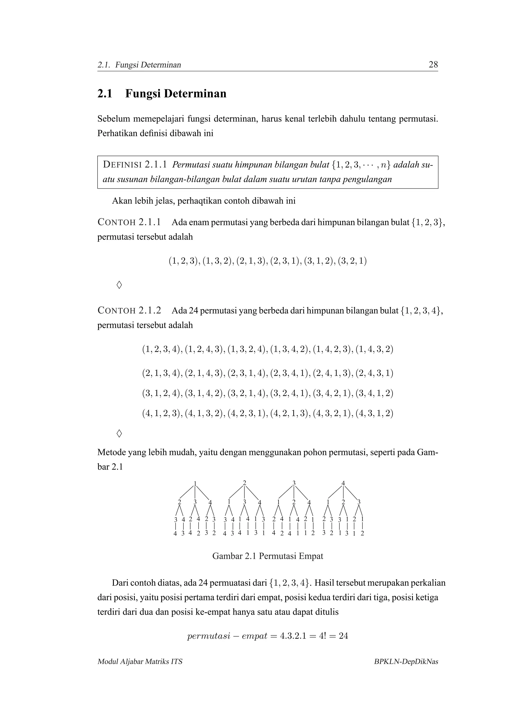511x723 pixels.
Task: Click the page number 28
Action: pos(433,65)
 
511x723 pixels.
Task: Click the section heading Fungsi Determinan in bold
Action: pos(176,94)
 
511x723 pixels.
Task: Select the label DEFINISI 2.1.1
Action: pos(135,165)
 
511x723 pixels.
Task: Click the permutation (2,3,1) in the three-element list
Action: pos(286,261)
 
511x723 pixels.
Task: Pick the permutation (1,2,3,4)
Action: pos(162,350)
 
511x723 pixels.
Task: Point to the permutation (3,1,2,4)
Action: pos(162,394)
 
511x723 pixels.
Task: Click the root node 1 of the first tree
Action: pos(195,483)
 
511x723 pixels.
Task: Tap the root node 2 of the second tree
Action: pos(245,483)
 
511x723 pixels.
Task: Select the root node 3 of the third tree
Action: pos(294,483)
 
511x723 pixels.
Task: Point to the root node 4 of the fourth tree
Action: pos(343,483)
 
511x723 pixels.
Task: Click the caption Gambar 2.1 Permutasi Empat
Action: pos(268,556)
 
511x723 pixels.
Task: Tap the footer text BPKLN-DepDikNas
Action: pos(406,662)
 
